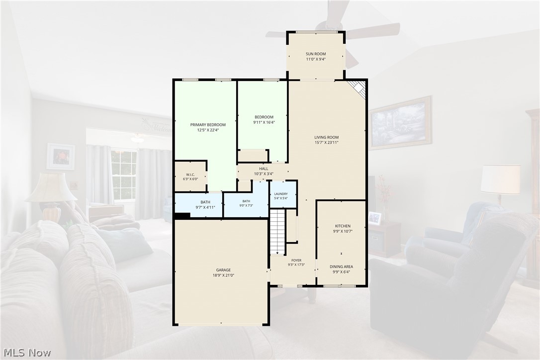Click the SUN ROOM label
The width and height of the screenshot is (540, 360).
pos(316,54)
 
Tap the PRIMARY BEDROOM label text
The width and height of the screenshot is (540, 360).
pos(208,125)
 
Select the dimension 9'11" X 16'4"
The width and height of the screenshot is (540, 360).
pos(264,122)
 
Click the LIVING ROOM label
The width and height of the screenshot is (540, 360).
pos(327,137)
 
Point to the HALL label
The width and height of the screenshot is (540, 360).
pos(264,169)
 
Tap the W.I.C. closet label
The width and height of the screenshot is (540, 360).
pos(190,175)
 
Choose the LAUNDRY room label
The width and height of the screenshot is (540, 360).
pos(281,194)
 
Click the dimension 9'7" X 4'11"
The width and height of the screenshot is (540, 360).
pos(205,207)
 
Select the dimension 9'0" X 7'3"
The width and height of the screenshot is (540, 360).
pos(246,206)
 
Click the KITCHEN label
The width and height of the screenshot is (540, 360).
pos(342,226)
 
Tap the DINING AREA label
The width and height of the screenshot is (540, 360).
pos(341,267)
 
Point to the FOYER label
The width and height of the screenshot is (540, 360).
pos(296,261)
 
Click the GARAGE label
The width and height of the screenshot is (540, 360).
pos(223,270)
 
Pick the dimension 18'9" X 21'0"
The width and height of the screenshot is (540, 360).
pos(223,275)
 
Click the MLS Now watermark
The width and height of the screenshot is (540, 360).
pos(27,353)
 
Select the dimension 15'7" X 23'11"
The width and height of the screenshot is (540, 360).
pos(327,142)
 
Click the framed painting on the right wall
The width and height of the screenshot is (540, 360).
pos(401,123)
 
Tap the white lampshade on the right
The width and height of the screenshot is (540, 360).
pos(500,179)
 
